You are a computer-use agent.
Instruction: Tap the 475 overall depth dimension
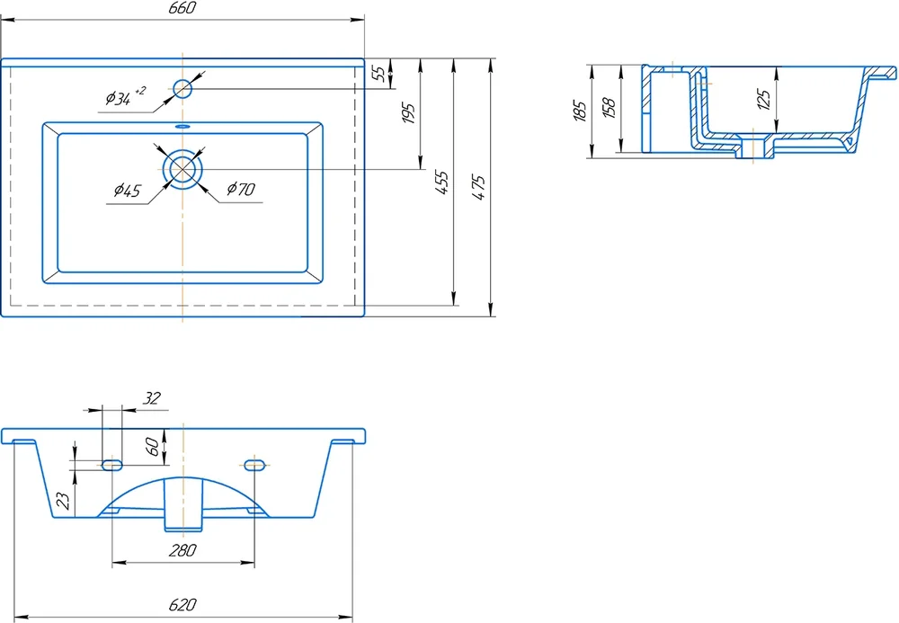[480, 186]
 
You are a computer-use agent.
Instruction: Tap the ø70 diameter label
[241, 189]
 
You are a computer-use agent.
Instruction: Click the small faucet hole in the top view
[183, 88]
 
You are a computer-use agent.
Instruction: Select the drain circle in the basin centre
[183, 168]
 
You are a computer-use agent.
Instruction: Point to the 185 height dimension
[580, 111]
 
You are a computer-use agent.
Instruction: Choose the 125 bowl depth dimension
[763, 99]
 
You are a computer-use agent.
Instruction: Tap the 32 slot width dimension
[152, 398]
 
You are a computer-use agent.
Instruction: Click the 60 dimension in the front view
[152, 445]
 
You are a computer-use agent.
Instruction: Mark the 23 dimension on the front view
[62, 501]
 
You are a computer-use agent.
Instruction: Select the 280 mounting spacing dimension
[182, 551]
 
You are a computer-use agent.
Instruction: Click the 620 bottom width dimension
[182, 604]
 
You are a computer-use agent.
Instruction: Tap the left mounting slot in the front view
[112, 465]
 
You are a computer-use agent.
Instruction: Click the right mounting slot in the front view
[255, 465]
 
